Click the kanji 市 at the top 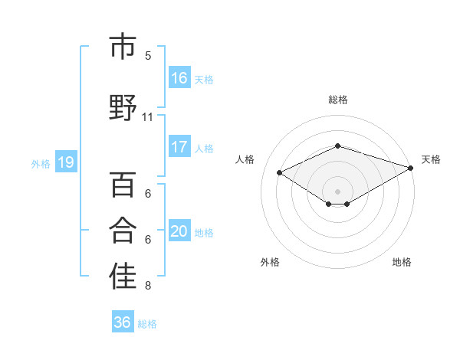click(123, 47)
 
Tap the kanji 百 click(123, 185)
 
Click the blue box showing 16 click(179, 78)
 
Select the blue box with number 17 click(179, 147)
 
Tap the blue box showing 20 click(179, 231)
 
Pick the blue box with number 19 click(65, 162)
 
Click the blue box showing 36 click(123, 322)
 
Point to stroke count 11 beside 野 click(148, 117)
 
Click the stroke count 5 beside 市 click(148, 55)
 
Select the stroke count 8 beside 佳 click(148, 286)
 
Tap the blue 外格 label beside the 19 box click(40, 163)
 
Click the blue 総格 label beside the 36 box click(147, 323)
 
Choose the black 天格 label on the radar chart click(431, 159)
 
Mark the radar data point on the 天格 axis click(412, 169)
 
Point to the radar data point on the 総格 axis click(337, 146)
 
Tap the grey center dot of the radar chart click(337, 190)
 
